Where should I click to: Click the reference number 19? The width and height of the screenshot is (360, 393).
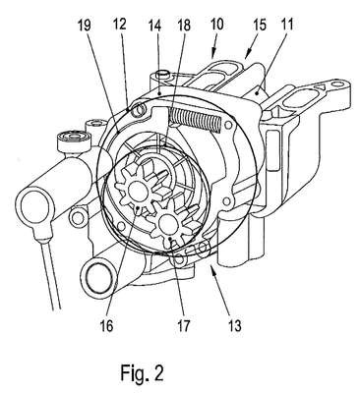point(85,26)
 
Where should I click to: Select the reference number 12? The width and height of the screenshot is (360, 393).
point(119,26)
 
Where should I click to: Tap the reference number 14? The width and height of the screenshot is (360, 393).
point(153,26)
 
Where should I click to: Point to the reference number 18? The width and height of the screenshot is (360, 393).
point(184,26)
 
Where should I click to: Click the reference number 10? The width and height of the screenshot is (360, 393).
point(217,24)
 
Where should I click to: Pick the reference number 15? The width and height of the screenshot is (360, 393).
point(259,25)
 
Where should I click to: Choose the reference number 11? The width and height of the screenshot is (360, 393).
point(286,25)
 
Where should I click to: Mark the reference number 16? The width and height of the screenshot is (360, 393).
point(106,325)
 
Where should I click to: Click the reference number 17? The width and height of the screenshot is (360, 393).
point(184,325)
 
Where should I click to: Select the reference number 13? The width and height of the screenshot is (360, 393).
point(235,325)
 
